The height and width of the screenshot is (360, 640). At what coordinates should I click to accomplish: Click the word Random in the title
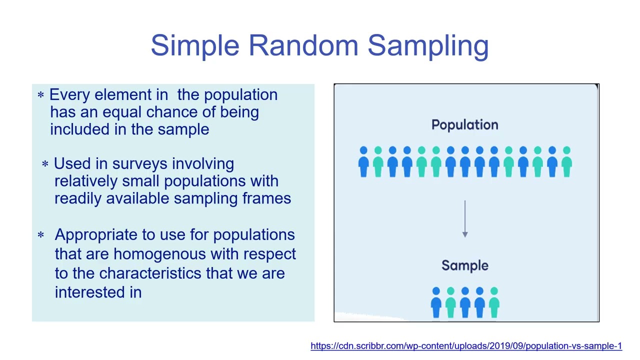pos(303,45)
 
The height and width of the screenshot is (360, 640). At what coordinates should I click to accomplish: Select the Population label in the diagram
pos(464,125)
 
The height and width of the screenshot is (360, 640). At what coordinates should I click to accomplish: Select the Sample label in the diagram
pos(464,265)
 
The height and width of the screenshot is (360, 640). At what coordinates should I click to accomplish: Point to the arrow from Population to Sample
pos(465,219)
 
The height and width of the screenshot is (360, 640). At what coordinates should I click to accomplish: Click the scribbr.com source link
pos(466,346)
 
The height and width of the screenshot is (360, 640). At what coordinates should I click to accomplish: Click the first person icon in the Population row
pos(363,161)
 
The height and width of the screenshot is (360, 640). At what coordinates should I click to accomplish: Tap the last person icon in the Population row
pos(566,161)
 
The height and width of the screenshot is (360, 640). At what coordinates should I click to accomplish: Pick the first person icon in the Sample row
pos(436,302)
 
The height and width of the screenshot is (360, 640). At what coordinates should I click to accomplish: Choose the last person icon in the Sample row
pos(494,302)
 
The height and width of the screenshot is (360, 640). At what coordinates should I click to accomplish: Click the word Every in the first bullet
pos(69,95)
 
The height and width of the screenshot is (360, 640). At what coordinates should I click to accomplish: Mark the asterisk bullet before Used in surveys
pos(45,164)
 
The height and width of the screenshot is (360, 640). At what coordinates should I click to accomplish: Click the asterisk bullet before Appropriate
pos(41,234)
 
